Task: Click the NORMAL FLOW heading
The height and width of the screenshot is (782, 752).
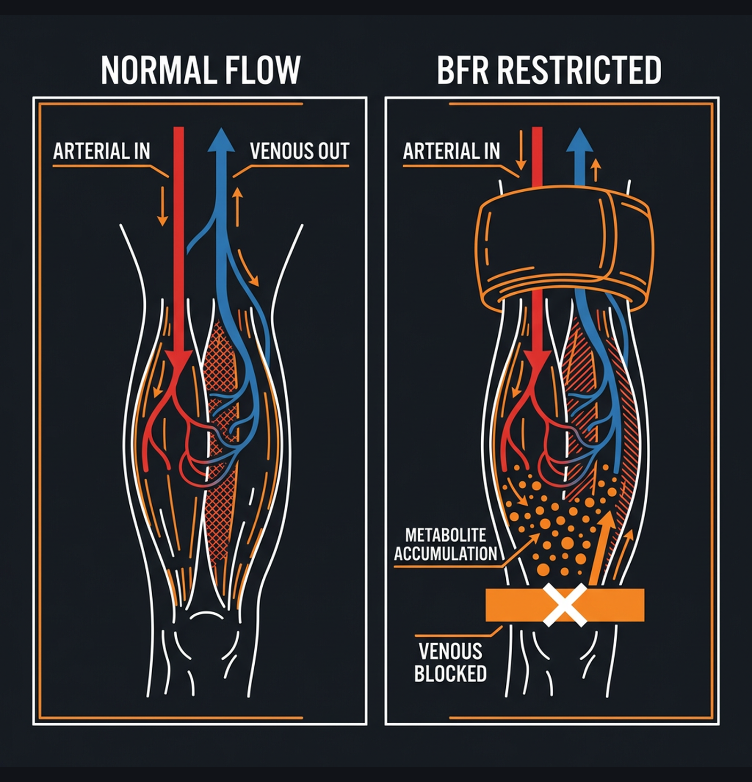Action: coord(200,70)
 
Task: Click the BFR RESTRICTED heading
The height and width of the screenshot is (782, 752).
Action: coord(549,70)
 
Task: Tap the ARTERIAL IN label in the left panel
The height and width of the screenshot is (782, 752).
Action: coord(101,151)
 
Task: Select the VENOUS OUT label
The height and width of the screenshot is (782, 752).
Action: coord(299,151)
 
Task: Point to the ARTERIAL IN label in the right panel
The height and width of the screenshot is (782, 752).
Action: coord(451,151)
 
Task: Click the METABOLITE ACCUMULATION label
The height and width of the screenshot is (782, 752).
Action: coord(446,544)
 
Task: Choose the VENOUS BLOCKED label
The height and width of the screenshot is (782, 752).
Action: coord(450,662)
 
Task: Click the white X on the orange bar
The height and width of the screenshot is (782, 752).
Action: coord(565,605)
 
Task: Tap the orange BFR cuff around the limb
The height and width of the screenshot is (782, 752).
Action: coord(564,246)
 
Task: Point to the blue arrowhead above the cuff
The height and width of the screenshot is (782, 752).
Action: coord(579,140)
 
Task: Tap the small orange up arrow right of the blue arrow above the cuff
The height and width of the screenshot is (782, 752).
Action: coord(596,170)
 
